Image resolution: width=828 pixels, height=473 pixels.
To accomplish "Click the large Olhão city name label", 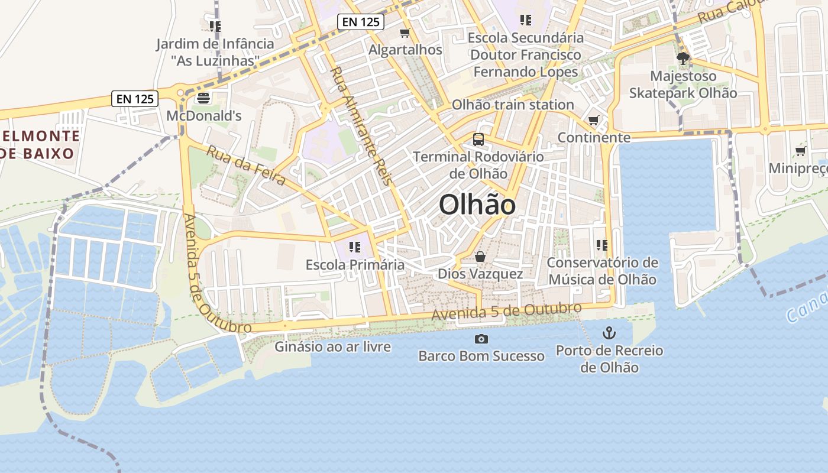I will tap(477, 205).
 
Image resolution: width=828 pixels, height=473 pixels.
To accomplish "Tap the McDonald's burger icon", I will tap(204, 98).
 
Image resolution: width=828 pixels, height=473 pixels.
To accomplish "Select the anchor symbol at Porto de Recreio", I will tap(609, 333).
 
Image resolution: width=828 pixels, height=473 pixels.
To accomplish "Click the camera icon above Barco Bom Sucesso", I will tap(481, 339).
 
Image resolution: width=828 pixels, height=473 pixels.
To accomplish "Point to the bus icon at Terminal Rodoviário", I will tap(478, 140).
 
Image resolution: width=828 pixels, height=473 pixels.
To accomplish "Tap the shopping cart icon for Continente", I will tap(594, 121).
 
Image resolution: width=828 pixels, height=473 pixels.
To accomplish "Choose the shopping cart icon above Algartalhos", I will tap(405, 33).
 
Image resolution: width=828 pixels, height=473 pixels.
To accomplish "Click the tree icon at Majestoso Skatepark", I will tap(683, 59).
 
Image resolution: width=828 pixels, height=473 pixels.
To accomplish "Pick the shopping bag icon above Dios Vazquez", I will tap(480, 257).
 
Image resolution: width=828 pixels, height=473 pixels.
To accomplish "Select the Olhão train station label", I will tap(513, 105).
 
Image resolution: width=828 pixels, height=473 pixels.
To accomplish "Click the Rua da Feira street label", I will tap(246, 166).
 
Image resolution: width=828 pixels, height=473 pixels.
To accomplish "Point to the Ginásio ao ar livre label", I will tap(332, 346).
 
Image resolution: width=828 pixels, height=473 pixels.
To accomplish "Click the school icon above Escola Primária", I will tap(355, 247).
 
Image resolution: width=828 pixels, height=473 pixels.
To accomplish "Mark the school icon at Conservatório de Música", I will tap(602, 245).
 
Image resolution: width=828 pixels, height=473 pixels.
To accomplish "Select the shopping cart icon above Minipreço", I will tap(801, 151).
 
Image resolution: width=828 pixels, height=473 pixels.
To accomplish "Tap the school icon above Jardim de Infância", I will tap(215, 27).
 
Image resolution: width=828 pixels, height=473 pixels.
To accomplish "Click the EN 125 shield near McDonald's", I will tap(135, 99).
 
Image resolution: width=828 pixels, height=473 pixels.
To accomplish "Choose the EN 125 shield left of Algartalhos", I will tap(361, 22).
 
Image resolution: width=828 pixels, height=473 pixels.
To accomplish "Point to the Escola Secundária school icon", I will tap(526, 20).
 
